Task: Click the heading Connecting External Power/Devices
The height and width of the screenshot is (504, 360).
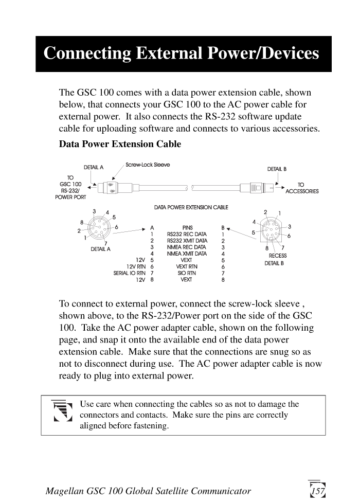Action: tap(181, 53)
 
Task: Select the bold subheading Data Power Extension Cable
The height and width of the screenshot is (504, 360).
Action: tap(120, 144)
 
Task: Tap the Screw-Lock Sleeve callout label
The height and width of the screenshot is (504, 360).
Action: tap(148, 165)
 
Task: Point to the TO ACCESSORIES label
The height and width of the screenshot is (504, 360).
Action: tap(302, 188)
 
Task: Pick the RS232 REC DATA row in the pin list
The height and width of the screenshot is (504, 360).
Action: tap(187, 235)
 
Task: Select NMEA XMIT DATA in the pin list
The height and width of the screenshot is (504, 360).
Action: tap(187, 254)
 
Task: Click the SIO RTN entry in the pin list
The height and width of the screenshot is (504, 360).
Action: tap(187, 273)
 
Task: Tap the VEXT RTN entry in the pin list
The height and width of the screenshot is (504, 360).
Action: tap(187, 266)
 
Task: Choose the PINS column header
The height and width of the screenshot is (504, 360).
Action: tap(187, 227)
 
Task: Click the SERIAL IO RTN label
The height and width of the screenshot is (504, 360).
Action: tap(130, 273)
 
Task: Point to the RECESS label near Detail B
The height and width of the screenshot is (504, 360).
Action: tap(278, 256)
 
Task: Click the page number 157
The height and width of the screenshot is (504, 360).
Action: tap(318, 491)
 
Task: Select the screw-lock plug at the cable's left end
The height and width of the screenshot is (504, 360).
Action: tap(109, 187)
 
